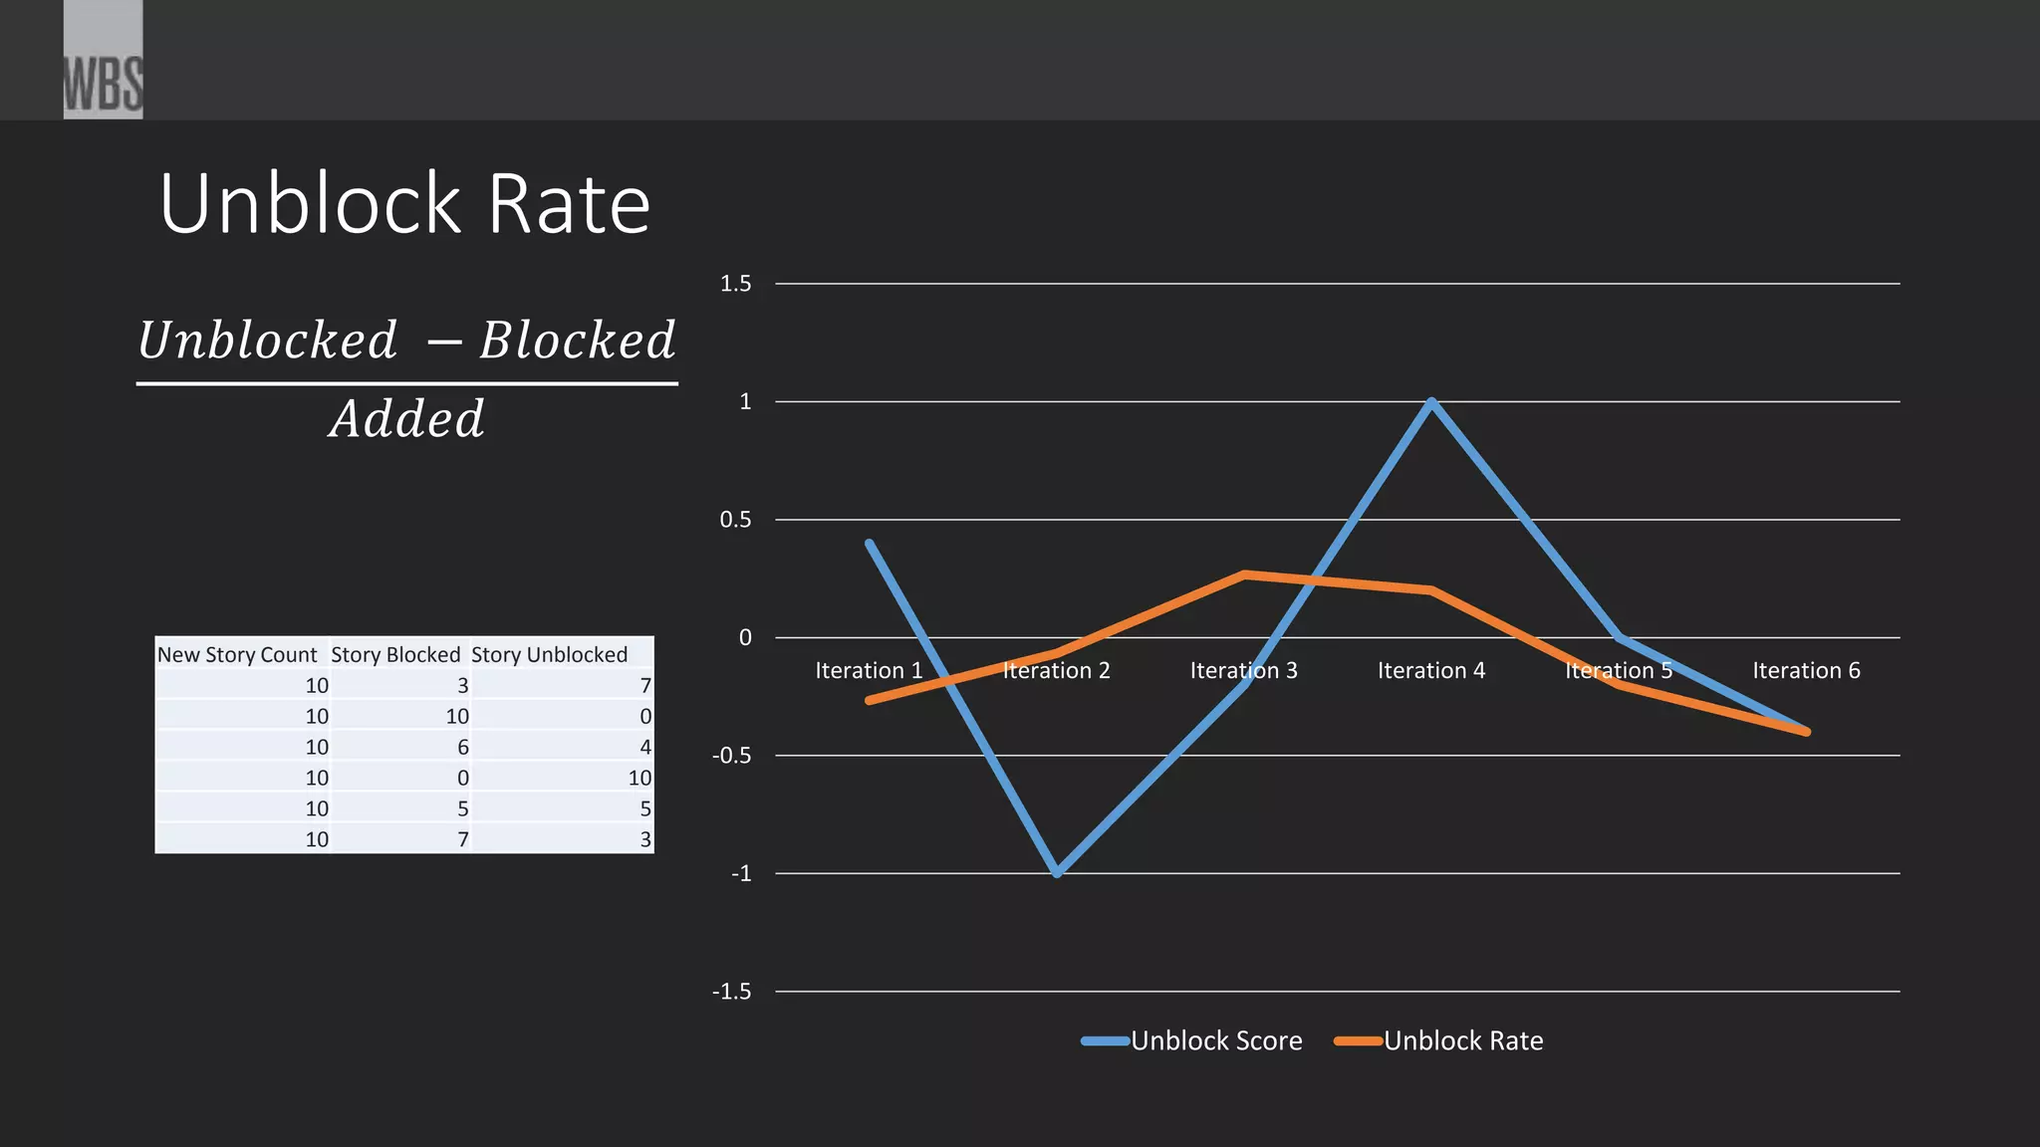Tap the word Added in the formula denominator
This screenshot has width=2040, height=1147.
coord(407,419)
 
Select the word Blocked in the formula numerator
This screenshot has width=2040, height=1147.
coord(578,341)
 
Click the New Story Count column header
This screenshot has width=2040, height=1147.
coord(237,655)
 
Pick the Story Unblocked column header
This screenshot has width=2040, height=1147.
coord(549,655)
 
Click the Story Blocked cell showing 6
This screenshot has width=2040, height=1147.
coord(462,748)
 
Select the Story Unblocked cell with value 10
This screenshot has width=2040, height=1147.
coord(639,779)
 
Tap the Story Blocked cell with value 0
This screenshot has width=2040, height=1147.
coord(462,779)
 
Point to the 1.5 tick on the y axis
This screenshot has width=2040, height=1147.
coord(735,284)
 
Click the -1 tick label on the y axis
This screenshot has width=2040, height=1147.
coord(740,874)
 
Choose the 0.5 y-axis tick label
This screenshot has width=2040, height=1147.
coord(735,520)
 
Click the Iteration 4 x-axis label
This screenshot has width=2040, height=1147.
coord(1430,671)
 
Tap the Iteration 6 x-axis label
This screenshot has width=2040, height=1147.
coord(1806,671)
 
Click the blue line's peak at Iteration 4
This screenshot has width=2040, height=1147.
coord(1431,402)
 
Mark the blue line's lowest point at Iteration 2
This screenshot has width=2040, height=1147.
coord(1057,873)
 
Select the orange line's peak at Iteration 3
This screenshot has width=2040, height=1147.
coord(1244,574)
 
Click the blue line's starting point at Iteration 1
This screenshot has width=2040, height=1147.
coord(870,544)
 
